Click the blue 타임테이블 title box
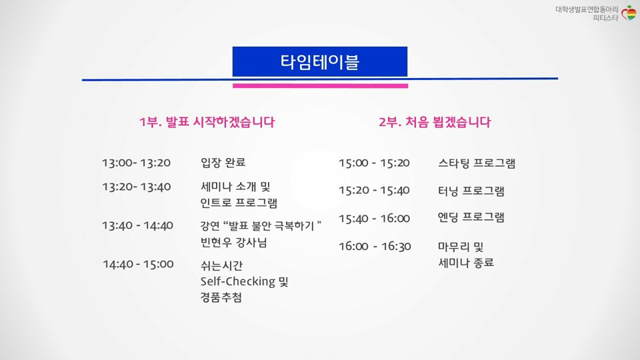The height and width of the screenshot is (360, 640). coord(320,61)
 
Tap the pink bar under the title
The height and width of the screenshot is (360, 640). coord(321,86)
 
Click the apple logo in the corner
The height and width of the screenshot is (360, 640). coord(629,13)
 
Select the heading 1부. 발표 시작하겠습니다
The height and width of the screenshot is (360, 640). coord(207,122)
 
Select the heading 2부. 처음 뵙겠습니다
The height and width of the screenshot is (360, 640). coord(435,122)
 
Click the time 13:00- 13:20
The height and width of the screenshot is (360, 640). coord(136,163)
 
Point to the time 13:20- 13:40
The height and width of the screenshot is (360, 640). coord(136,187)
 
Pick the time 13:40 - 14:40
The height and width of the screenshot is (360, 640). coord(137,225)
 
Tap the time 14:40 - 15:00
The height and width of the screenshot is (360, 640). coord(138,264)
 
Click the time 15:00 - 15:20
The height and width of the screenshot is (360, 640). coord(374,163)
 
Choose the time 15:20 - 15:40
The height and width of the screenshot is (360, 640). coord(374,190)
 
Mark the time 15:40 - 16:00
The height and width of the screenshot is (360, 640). coord(374,219)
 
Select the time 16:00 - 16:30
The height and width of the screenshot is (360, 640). coord(375,246)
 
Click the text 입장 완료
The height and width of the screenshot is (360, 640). coord(223,163)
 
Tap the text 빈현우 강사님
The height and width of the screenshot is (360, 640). coord(233,243)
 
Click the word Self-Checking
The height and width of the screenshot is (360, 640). coord(237,281)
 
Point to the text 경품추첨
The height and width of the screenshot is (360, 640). coord(221,297)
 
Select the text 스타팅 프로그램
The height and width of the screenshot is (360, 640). coord(477,163)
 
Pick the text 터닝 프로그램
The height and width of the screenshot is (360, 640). coord(471,191)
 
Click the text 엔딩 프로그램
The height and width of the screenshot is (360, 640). coord(471,217)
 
